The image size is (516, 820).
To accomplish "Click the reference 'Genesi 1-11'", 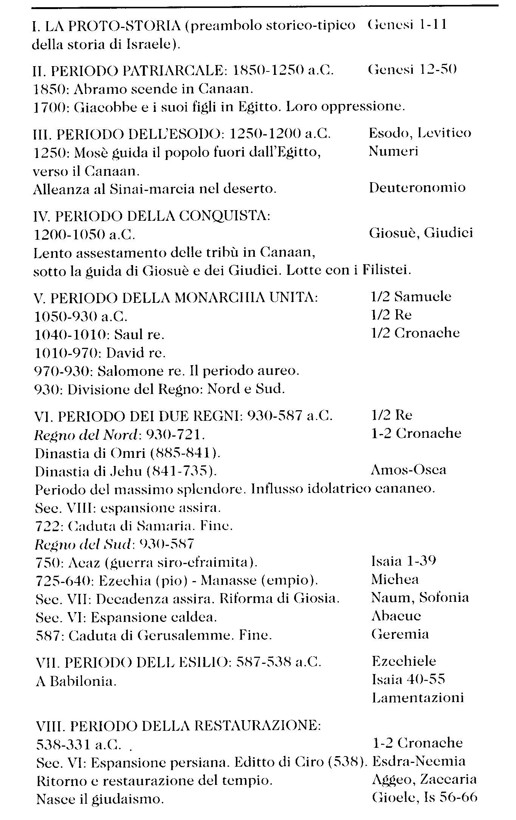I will pos(407,25).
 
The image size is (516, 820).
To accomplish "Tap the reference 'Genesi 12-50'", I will pos(412,70).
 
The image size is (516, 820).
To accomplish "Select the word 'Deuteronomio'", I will pos(417,188).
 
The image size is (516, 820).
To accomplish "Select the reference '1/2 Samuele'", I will pos(411,297).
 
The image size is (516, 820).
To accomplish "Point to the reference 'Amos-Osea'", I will pos(408,470).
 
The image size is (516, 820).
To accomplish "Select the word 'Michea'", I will pos(395,580).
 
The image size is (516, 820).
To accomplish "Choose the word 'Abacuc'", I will pos(396,616).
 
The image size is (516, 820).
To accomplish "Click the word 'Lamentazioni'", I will pos(418,698).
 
